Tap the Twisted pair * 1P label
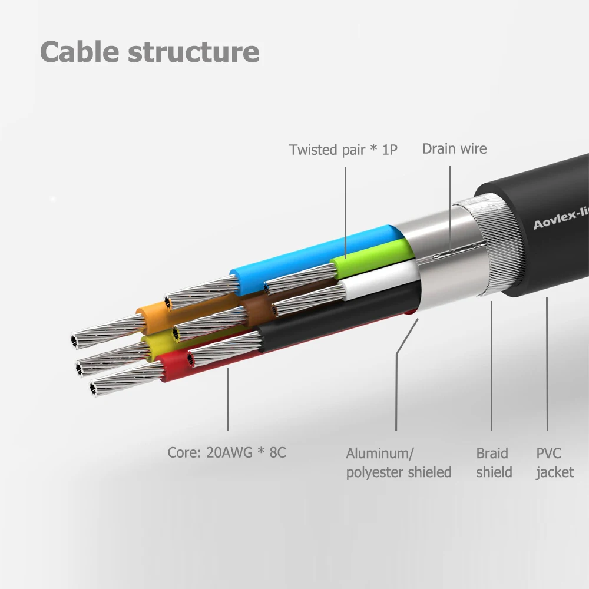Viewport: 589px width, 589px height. [x=343, y=150]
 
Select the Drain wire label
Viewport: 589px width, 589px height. [x=454, y=148]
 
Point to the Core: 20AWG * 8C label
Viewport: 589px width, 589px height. [x=227, y=453]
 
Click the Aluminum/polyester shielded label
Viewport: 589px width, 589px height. [x=398, y=462]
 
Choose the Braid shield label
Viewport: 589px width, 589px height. [x=494, y=462]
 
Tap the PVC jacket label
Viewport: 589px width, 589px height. [x=554, y=462]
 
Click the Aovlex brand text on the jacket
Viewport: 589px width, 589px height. [x=560, y=218]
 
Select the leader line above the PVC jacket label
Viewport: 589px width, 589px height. [x=547, y=365]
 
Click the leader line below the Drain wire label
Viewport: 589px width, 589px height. [x=451, y=206]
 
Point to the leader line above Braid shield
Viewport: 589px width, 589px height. [x=492, y=365]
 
